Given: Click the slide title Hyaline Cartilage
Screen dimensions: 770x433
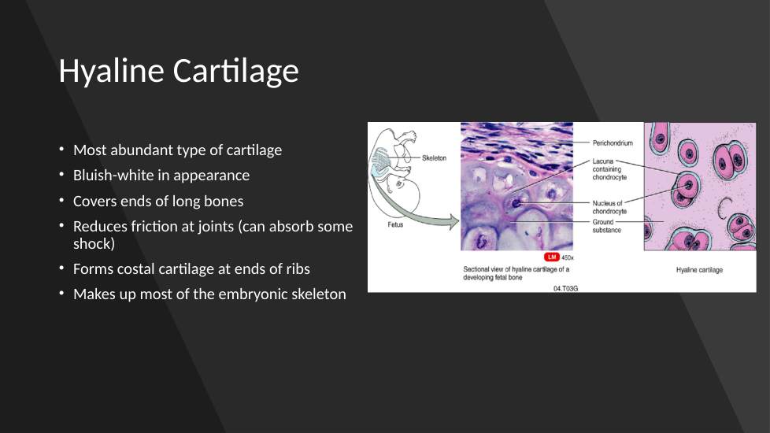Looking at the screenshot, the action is (x=178, y=71).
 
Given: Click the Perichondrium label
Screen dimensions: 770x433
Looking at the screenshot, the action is (x=613, y=142).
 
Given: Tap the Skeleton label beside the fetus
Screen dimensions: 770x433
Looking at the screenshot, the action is (x=434, y=158).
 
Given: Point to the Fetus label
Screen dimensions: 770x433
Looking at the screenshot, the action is (x=395, y=224).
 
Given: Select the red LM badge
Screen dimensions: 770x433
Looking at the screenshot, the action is (x=551, y=257).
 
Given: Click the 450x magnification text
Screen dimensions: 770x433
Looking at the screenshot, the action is (x=567, y=257).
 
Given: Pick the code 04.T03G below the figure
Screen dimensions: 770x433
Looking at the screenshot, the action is (x=566, y=289).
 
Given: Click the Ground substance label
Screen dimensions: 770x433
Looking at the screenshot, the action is (x=606, y=226).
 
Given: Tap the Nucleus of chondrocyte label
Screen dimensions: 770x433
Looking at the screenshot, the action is (x=609, y=207).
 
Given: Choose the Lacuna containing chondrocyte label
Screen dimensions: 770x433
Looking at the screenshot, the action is (x=609, y=169).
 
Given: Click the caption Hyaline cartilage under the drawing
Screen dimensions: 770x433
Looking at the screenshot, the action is (x=699, y=269).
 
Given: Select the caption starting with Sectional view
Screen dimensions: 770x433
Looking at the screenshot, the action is (x=516, y=273).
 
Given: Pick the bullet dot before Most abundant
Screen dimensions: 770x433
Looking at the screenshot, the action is (x=61, y=149).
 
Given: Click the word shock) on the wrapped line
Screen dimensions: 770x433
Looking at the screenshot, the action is (x=94, y=243).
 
